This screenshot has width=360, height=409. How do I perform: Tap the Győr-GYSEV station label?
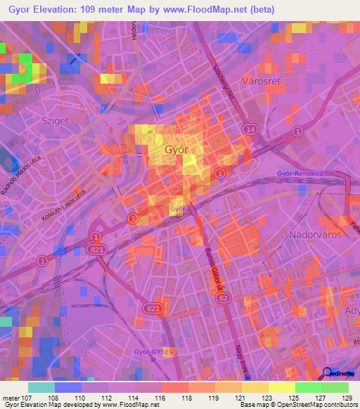153,351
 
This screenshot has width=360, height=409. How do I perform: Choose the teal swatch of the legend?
41,387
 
